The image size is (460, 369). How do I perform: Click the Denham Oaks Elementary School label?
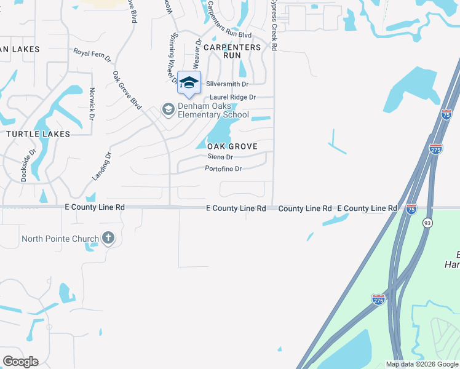[x=213, y=110]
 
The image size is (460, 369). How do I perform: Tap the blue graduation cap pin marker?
[x=189, y=83]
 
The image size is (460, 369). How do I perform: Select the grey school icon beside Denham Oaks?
[x=167, y=109]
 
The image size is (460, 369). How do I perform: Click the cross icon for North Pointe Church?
[x=108, y=239]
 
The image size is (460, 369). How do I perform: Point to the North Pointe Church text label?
[x=60, y=239]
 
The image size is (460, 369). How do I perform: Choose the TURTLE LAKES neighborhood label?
[x=38, y=133]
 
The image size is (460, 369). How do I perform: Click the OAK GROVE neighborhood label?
[x=232, y=146]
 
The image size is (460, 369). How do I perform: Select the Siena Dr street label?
[x=220, y=157]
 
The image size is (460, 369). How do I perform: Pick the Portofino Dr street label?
[x=224, y=169]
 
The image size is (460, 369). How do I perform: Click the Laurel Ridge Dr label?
[x=232, y=97]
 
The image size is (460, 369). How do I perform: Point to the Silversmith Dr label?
[x=228, y=84]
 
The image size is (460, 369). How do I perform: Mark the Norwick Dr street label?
[x=91, y=105]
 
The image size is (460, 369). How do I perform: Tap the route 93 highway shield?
[x=427, y=223]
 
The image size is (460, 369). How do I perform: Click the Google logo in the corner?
[x=20, y=362]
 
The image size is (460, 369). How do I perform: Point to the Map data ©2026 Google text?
[x=422, y=364]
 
